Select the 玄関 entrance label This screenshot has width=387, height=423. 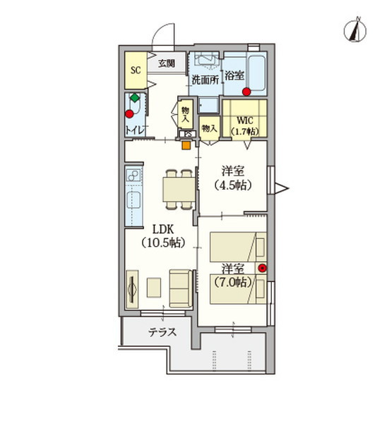[x=167, y=63]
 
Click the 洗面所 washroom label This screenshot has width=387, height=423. [x=205, y=80]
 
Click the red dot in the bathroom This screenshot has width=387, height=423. [x=246, y=92]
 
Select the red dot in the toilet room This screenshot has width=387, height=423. [x=129, y=113]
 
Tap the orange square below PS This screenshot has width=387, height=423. [x=185, y=146]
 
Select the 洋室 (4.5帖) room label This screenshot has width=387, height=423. [x=233, y=177]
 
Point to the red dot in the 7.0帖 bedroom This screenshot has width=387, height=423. [x=262, y=267]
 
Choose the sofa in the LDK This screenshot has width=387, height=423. [x=180, y=288]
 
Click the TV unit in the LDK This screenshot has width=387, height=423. [x=132, y=289]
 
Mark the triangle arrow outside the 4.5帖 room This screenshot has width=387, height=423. [x=282, y=188]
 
